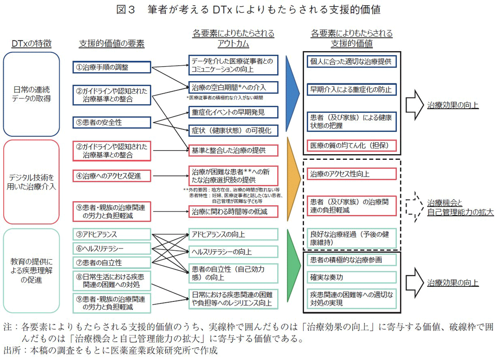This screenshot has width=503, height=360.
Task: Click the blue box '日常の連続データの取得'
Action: tap(31, 93)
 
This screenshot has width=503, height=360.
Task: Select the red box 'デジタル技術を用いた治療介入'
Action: tap(31, 181)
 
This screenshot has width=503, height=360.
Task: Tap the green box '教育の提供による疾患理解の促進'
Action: tap(31, 270)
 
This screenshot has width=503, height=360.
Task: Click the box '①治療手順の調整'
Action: tap(111, 67)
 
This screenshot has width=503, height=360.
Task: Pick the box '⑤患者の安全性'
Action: tap(111, 122)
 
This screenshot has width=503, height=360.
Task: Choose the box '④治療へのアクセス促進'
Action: tap(111, 176)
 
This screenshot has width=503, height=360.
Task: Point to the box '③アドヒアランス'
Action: tap(111, 234)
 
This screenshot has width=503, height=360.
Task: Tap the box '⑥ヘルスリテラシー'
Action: tap(111, 248)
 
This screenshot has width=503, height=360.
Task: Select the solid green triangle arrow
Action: tap(292, 270)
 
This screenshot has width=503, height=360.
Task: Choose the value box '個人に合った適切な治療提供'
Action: tap(352, 61)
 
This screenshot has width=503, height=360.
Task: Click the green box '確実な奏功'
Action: tap(352, 277)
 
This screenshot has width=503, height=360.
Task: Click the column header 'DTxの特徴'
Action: tap(31, 44)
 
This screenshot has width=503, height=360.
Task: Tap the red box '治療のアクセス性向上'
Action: tap(352, 174)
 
